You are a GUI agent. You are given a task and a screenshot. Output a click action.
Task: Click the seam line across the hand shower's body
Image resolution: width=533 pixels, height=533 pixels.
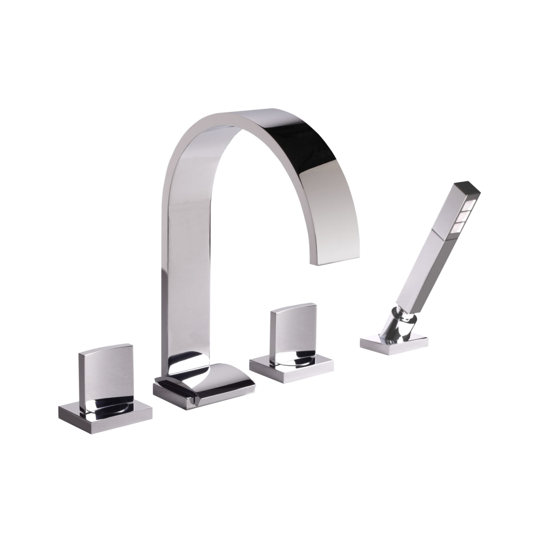pyautogui.click(x=438, y=234)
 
